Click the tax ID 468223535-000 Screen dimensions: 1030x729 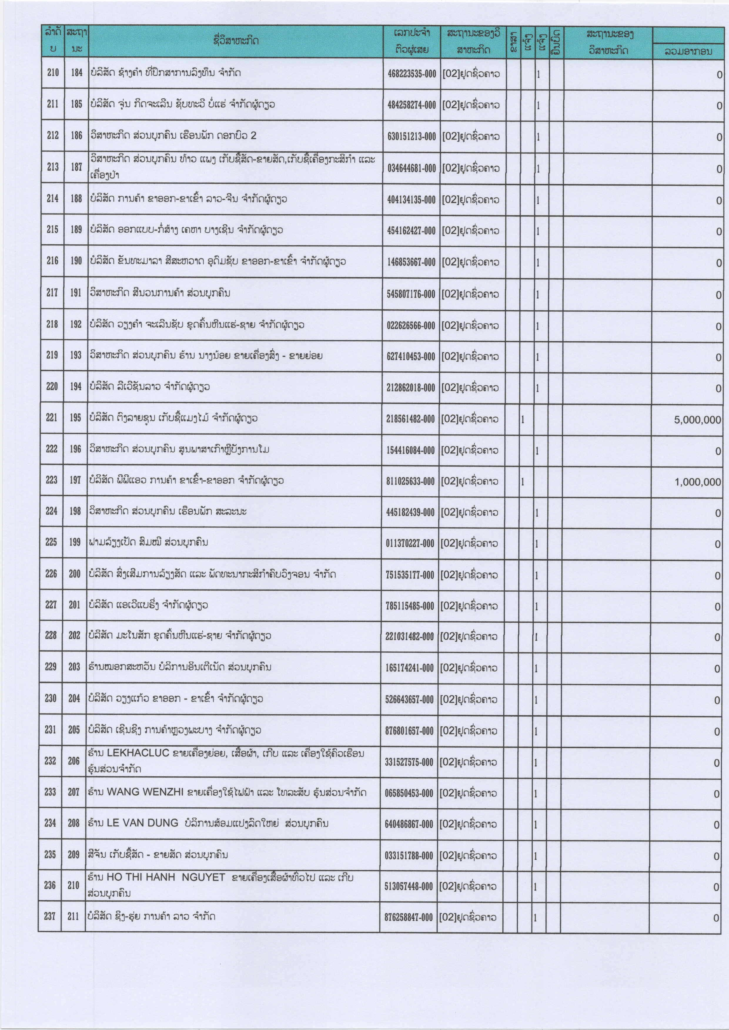point(412,73)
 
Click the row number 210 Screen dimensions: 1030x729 point(53,72)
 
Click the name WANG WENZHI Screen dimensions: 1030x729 point(145,792)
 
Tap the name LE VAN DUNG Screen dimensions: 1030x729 point(142,823)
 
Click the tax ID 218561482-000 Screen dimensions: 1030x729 point(410,419)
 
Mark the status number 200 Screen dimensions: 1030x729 point(74,574)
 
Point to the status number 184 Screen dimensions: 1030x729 point(77,72)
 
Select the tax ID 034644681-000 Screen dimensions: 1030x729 point(412,168)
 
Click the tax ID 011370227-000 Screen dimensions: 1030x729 point(410,544)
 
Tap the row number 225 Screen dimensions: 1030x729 point(51,542)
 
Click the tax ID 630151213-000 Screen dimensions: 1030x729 point(412,136)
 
